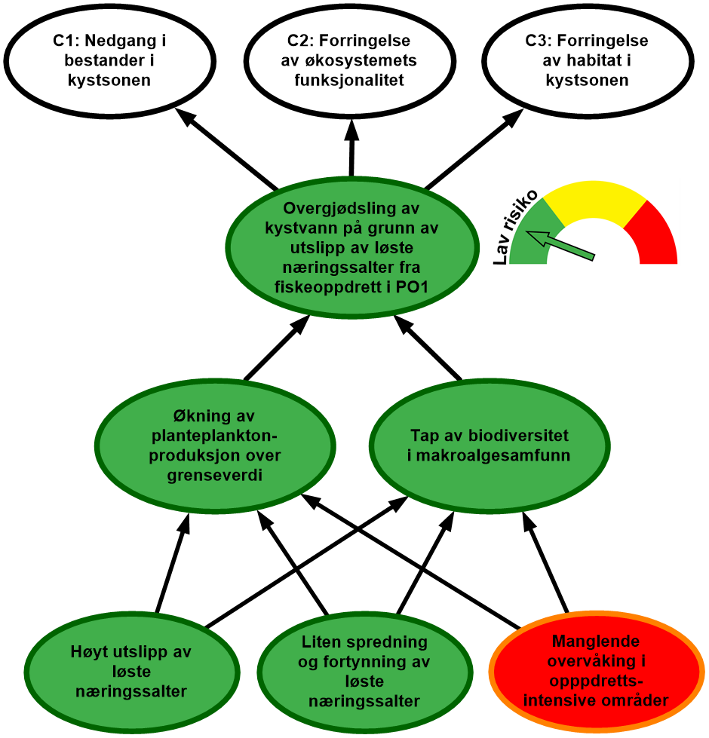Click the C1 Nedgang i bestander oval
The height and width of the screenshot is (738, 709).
pos(109,60)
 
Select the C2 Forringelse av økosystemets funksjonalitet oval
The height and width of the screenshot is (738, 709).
pos(352,60)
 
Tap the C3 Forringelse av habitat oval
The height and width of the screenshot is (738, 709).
pos(587,60)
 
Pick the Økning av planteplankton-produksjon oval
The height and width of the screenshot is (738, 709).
pos(216,446)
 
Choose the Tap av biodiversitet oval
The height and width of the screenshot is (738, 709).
pos(489,446)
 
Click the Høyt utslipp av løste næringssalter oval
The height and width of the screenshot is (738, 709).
pos(131,672)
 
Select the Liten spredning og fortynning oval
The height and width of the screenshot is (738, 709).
pos(364,672)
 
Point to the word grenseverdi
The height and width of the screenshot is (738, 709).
pos(216,476)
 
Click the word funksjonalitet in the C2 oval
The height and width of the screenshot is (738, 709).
pos(352,80)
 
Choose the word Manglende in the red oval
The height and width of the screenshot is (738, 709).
pos(596,642)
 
